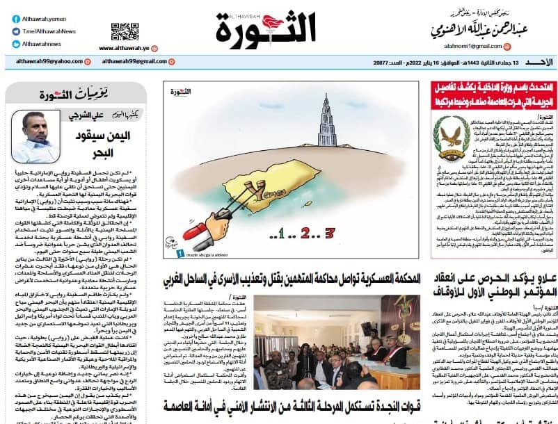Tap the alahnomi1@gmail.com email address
pos(473,46)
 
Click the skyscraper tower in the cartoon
pos(326,126)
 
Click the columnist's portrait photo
pos(34,136)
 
